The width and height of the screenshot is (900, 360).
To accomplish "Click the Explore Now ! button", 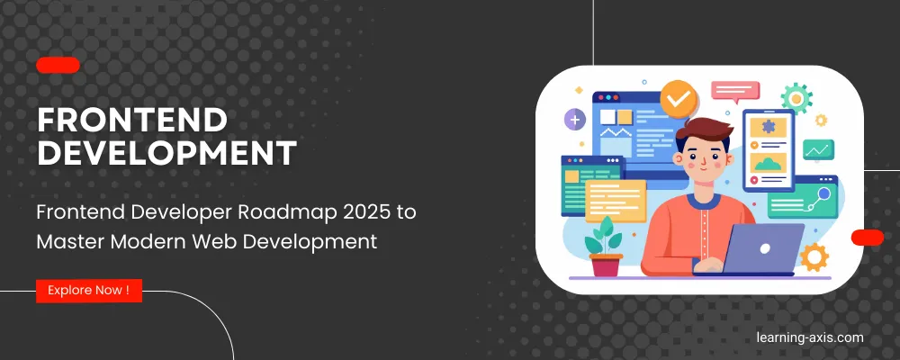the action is coord(89,291).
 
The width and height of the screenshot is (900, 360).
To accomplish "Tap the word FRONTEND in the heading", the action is coord(132,120).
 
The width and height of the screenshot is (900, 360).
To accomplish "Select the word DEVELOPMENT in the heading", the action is coord(167,153).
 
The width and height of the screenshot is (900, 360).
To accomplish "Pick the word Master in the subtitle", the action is coord(70,241).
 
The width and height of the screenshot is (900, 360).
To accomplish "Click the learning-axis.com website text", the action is coord(810,337).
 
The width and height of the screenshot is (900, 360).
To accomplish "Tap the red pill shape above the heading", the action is coord(58,66).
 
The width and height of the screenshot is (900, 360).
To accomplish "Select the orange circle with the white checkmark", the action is coord(679,99).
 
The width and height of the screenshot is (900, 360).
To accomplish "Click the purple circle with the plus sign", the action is coord(575,120).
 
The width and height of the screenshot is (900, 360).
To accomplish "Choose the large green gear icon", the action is coord(796,98).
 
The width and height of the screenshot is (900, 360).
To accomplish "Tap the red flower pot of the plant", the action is coord(606,265).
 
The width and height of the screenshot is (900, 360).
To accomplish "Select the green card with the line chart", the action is coord(818,150).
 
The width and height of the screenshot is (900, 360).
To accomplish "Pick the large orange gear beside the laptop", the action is coord(814,256).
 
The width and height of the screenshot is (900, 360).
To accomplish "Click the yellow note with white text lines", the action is coord(616,201).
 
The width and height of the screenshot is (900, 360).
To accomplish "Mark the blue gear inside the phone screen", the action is coord(769,126).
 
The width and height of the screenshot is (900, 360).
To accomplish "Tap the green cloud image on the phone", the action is coord(769,163).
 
